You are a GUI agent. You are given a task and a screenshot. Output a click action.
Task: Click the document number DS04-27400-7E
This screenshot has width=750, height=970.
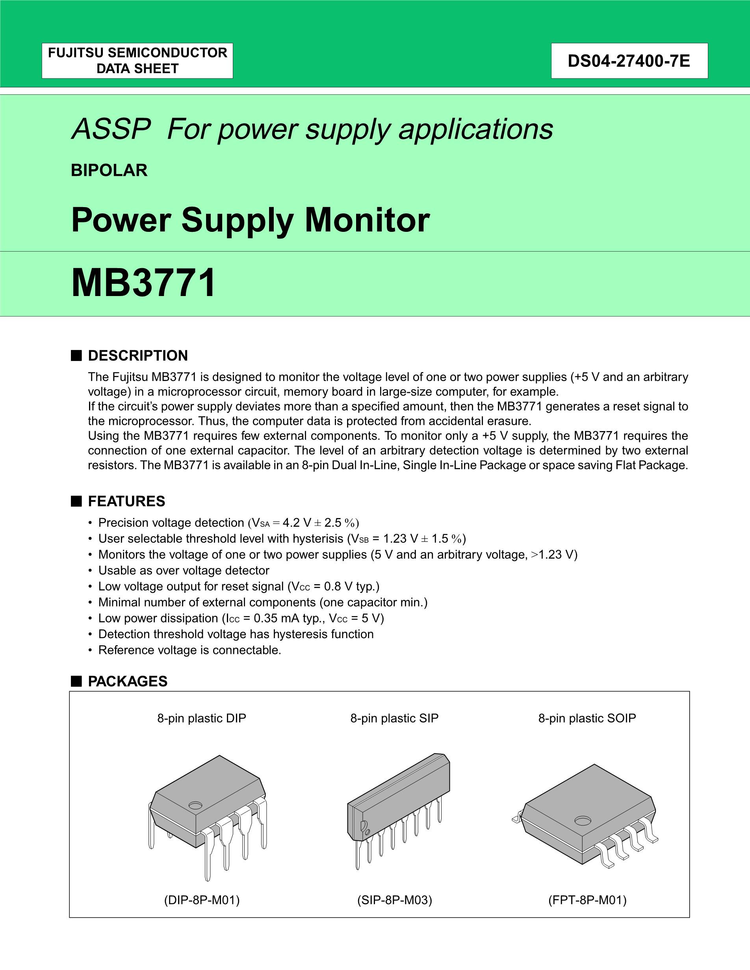(629, 61)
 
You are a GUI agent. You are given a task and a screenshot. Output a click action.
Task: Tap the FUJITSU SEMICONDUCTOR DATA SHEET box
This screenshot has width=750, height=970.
(137, 61)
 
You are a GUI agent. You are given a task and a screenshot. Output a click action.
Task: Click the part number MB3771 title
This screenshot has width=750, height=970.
(143, 283)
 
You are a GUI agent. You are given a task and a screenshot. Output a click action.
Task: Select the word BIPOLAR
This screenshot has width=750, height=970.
(109, 170)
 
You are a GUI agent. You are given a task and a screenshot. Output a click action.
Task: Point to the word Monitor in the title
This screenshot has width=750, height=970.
(367, 220)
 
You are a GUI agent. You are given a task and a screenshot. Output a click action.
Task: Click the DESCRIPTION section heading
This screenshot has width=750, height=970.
(138, 356)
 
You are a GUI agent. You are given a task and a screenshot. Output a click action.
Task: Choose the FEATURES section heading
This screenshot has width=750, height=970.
(126, 502)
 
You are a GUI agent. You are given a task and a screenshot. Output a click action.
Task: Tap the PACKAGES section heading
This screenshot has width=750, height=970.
(128, 681)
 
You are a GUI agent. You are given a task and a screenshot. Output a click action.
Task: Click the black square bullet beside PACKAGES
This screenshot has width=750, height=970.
(76, 681)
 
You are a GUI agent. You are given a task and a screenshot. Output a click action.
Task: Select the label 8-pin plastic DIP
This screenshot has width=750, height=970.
(201, 718)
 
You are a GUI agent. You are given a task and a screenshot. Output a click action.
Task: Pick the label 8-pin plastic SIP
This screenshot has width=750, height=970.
(394, 718)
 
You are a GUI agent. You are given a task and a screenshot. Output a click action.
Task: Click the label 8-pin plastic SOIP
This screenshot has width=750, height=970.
(587, 718)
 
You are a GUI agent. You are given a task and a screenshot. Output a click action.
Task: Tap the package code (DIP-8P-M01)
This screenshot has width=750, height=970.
(201, 900)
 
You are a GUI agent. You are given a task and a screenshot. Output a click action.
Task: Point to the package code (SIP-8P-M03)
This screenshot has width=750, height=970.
(394, 900)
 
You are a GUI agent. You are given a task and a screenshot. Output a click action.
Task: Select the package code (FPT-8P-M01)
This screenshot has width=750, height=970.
(587, 900)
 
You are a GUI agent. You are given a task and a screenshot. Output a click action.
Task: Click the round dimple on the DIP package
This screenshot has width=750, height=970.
(195, 805)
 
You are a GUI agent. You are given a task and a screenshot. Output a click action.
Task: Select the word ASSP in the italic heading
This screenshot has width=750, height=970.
(111, 129)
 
